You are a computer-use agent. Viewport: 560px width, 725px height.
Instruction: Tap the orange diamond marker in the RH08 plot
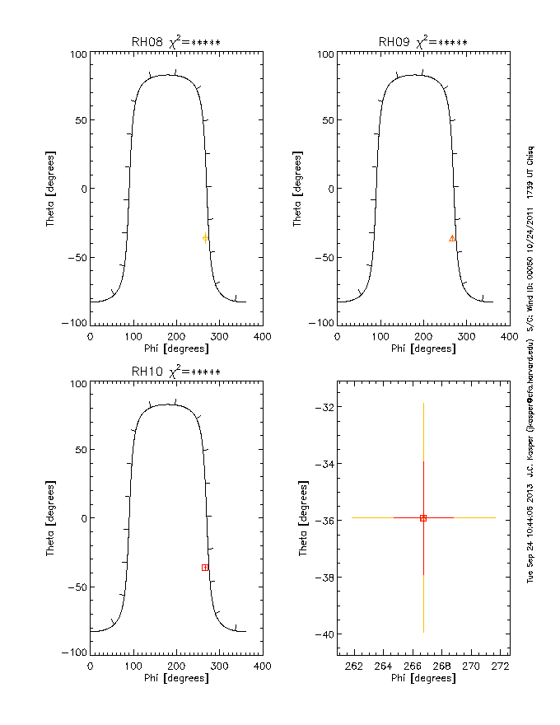pyautogui.click(x=205, y=238)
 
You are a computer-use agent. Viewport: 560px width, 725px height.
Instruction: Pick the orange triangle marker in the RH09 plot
pyautogui.click(x=452, y=238)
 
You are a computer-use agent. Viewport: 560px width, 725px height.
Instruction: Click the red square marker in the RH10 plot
pyautogui.click(x=205, y=568)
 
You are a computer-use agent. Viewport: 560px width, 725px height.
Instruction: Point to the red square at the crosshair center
pyautogui.click(x=423, y=518)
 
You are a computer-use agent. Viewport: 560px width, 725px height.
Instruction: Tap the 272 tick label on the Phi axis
pyautogui.click(x=496, y=664)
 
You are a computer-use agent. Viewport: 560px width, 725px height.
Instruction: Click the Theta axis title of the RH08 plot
pyautogui.click(x=51, y=189)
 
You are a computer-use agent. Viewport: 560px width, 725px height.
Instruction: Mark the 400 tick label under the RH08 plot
pyautogui.click(x=262, y=336)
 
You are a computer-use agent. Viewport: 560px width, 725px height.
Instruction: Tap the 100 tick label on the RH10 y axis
pyautogui.click(x=78, y=385)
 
